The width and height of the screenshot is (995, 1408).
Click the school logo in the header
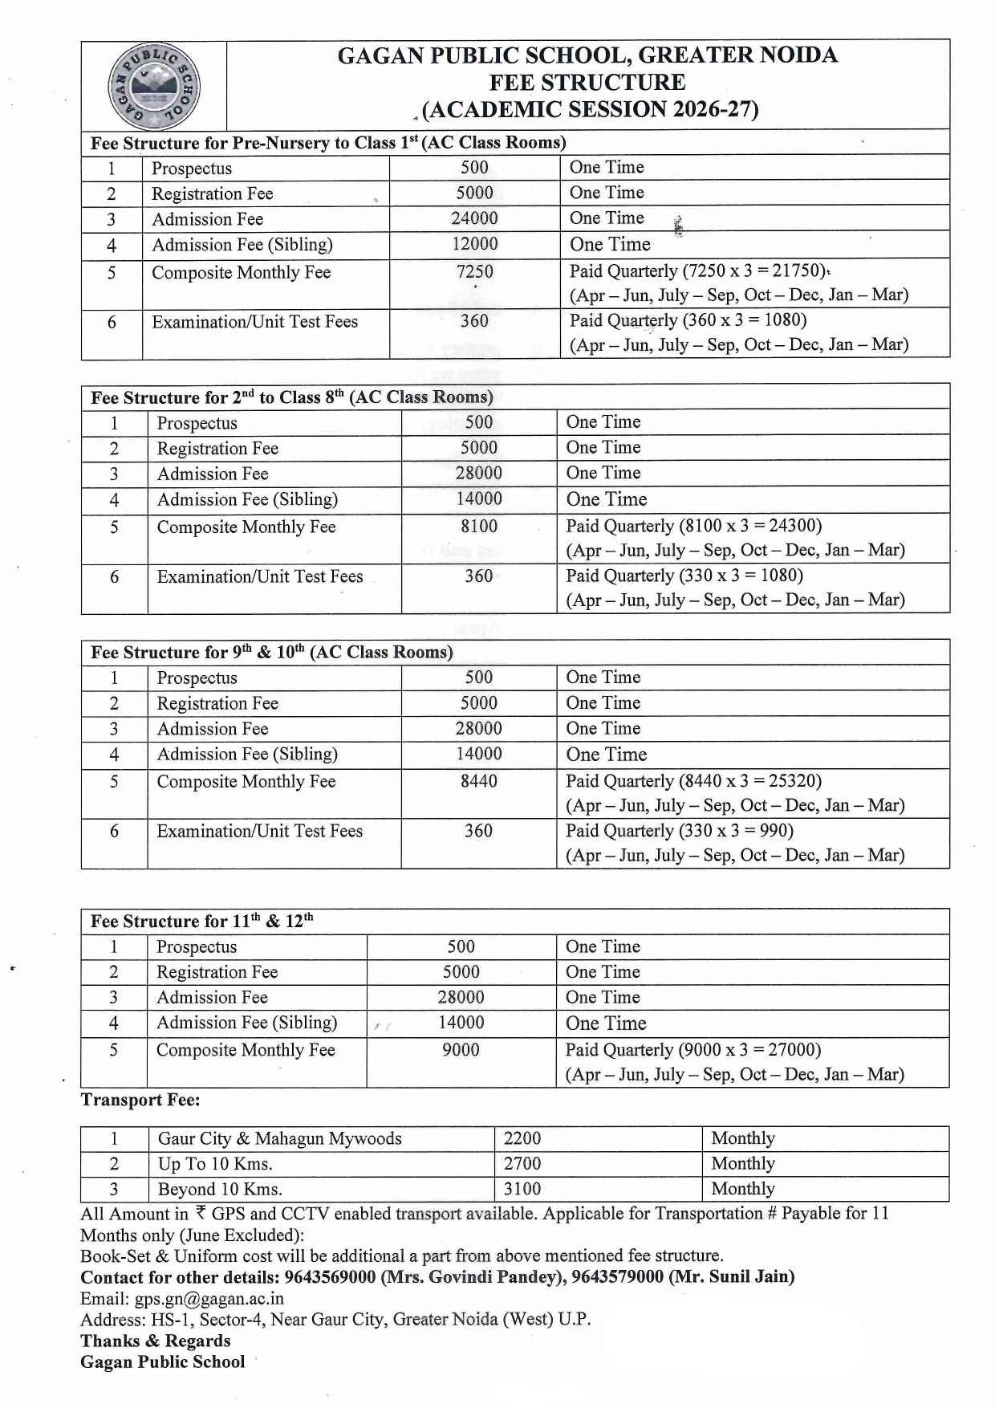point(154,86)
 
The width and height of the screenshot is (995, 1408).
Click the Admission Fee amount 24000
point(474,218)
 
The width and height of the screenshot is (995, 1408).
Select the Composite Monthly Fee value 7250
point(474,272)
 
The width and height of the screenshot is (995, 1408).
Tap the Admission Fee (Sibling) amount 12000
point(474,244)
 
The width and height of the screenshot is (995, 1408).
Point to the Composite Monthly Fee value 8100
point(479,527)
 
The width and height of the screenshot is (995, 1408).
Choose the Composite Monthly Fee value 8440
point(479,781)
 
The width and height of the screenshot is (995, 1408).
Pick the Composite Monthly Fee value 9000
point(461,1050)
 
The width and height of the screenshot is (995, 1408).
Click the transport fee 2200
point(522,1138)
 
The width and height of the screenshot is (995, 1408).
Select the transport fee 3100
point(522,1189)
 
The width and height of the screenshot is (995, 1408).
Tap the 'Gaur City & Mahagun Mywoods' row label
point(279,1138)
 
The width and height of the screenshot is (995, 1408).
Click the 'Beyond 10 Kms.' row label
point(220,1189)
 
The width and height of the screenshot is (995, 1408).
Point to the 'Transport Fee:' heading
point(140,1100)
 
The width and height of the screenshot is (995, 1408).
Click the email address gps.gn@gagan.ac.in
point(209,1299)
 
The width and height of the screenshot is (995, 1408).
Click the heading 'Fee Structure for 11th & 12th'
point(201,922)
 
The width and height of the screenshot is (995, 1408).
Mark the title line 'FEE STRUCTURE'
point(587,82)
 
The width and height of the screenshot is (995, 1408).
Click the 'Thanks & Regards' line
point(155,1341)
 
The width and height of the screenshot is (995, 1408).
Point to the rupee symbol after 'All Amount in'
point(200,1213)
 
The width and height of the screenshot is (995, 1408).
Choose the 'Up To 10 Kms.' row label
point(215,1164)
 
